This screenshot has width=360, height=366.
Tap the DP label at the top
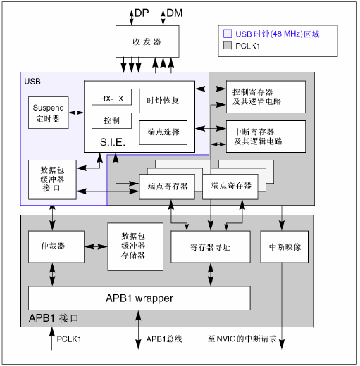142,13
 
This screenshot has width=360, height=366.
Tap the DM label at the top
173,13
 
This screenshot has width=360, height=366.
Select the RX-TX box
111,98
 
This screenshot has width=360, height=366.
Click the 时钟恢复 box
163,101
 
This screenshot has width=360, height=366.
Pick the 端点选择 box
163,132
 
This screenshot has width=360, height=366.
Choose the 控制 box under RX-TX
111,120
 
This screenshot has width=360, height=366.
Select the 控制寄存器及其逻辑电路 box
265,96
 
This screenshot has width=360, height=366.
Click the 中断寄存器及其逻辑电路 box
265,136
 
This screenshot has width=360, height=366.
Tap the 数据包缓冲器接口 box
53,179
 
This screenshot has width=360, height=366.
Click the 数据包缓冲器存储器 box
133,247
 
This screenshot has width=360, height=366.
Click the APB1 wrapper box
139,298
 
